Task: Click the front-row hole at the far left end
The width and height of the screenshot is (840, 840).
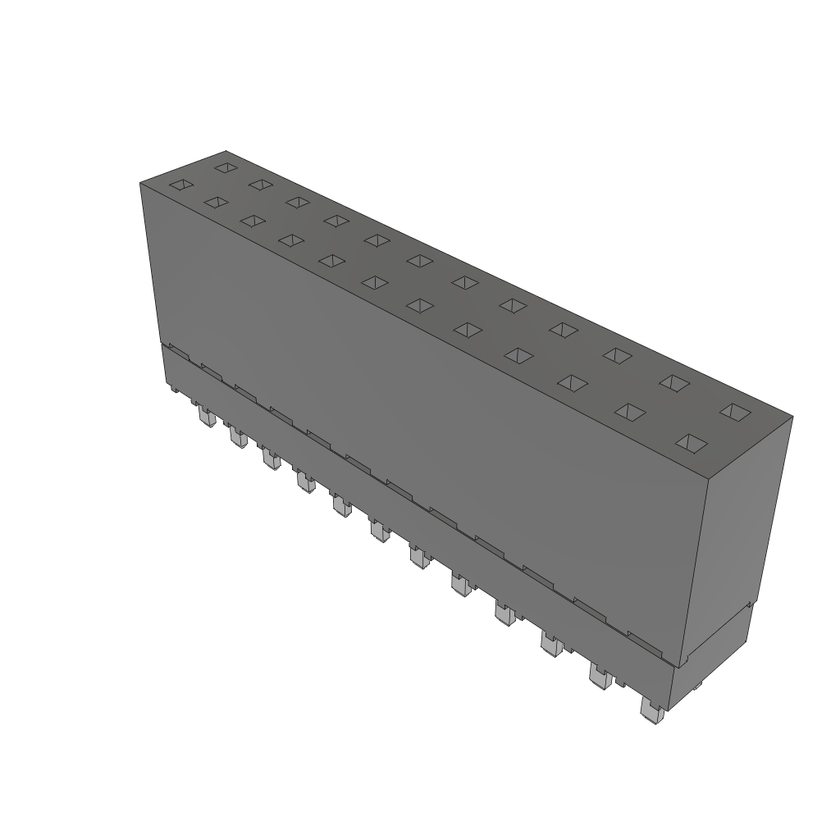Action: [181, 186]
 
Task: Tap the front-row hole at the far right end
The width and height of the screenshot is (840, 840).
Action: [692, 444]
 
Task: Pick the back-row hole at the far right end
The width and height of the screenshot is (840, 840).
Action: [735, 412]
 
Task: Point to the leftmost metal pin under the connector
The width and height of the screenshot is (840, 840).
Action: [206, 419]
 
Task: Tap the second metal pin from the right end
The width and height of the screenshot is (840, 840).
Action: [600, 678]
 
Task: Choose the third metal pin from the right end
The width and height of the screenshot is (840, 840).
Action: [551, 644]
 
